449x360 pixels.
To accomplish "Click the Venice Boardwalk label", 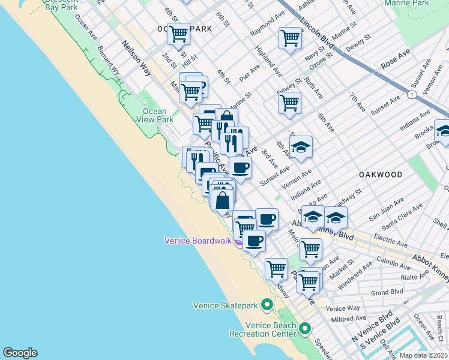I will (x=198, y=241).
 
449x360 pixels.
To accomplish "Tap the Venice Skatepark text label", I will (x=226, y=305).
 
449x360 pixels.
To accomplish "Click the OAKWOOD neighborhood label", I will (x=380, y=175).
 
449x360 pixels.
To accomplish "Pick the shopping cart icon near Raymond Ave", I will (x=290, y=38).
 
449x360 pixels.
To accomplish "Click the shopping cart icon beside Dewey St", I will (x=289, y=103).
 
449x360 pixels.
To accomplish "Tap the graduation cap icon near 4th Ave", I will (x=301, y=146).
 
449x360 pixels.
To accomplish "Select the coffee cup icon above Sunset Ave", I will (x=240, y=167).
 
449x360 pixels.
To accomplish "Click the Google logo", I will (x=20, y=353).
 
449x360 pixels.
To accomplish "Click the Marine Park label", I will (x=424, y=3).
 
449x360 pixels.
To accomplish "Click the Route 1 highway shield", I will (x=411, y=95).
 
